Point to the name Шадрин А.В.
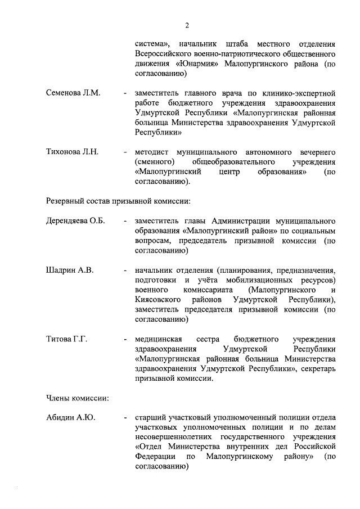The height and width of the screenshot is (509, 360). [x=69, y=269]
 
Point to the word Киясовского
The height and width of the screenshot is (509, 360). [x=158, y=299]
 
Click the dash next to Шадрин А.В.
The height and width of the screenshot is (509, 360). [x=125, y=270]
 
